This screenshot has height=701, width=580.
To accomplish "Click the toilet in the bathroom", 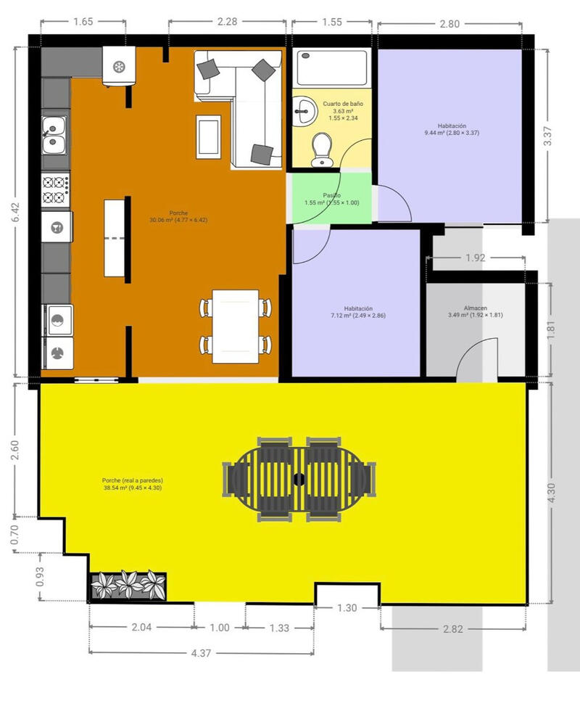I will coord(319,150).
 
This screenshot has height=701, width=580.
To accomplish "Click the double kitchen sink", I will coord(54,135).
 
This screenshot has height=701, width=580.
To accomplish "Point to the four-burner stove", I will coord(55,190).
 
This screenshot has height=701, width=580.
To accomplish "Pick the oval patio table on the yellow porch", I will coord(299,479).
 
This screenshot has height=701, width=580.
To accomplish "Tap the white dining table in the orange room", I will coord(236,326).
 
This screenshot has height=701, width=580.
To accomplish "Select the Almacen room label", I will coord(475,311).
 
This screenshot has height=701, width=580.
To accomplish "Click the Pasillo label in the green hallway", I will coord(332,199).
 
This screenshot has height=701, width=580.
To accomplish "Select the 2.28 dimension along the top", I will coord(227,22).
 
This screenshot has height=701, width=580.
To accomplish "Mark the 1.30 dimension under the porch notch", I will coord(347,608).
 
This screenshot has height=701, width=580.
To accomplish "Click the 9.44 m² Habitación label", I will coord(452,129).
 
